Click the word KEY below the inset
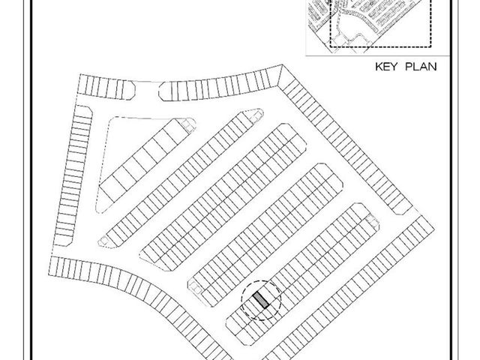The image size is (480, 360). pos(387,67)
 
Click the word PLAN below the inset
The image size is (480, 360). pos(421,67)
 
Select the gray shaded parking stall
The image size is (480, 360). pos(261,300)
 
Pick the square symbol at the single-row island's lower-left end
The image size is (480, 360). pos(104,241)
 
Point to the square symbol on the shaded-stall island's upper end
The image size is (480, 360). pos(371,219)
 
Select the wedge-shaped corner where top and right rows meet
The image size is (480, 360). pos(280,76)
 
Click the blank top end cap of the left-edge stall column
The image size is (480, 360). pos(83,110)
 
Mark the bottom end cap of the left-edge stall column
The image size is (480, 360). pos(62,241)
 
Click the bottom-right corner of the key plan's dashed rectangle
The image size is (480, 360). pos(431,46)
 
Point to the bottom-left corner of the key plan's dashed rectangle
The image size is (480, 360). pos(330,46)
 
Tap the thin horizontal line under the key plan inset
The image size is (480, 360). pos(378,56)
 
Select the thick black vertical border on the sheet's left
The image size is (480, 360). pos(31,180)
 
